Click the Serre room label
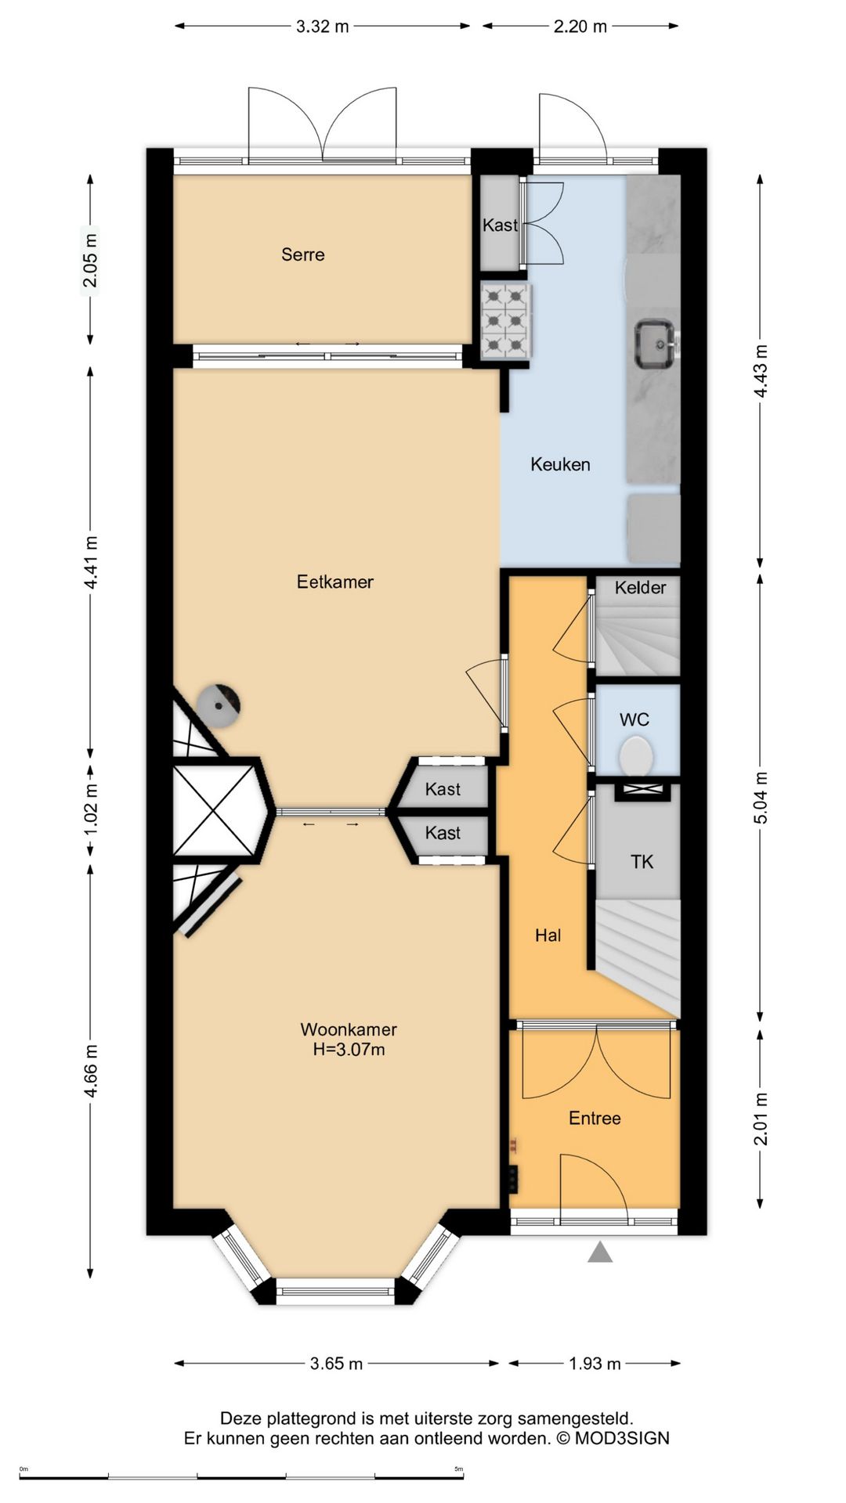(303, 254)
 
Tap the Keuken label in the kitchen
(560, 464)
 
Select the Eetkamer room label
(335, 582)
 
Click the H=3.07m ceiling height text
(349, 1050)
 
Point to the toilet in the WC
(636, 758)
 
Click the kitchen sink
(656, 343)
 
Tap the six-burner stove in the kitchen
(505, 321)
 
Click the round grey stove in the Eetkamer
(218, 705)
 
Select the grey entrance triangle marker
(600, 1252)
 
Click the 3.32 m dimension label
(322, 27)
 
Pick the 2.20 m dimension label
(580, 27)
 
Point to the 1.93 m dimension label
(595, 1364)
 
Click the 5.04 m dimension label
(761, 798)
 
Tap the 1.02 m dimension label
(91, 809)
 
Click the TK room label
(642, 862)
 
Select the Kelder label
(640, 588)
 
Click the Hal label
(548, 935)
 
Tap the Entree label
(595, 1119)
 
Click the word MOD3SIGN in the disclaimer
(622, 1439)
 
